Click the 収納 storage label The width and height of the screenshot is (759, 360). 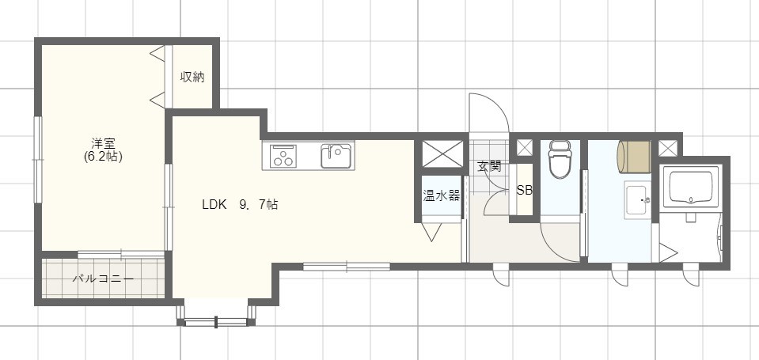pos(192,77)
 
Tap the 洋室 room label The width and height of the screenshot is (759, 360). pos(103,143)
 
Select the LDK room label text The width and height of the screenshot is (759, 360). pos(214,204)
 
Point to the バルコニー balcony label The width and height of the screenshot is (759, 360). pos(103,279)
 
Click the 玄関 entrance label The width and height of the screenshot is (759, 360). pos(489,166)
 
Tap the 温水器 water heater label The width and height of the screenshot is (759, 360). pos(441,196)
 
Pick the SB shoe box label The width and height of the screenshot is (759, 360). pos(524,191)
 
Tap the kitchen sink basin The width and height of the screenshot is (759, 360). pos(336,155)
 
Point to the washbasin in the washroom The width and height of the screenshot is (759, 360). pos(637,199)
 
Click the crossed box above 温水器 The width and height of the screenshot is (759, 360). pos(440,153)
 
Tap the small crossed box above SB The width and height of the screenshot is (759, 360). pos(523,148)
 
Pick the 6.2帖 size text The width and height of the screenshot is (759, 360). pos(103,157)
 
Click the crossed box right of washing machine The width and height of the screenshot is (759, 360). pos(666,147)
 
